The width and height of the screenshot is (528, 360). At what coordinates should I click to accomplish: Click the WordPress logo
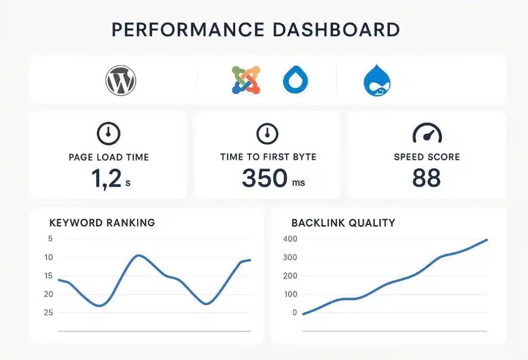point(121,81)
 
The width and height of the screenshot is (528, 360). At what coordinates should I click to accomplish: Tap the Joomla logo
point(246,80)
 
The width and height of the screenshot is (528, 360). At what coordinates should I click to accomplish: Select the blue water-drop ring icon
point(295,81)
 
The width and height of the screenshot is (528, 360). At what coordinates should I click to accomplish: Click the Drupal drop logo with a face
point(377,80)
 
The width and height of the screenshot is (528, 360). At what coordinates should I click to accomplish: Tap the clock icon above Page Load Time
point(108,134)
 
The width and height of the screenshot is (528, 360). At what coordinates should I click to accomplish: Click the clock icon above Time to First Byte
point(267,134)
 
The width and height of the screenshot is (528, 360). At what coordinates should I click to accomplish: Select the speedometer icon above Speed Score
point(427,134)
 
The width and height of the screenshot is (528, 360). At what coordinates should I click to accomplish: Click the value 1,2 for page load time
point(106,178)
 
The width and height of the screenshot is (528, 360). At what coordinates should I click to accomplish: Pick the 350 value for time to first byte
point(264,178)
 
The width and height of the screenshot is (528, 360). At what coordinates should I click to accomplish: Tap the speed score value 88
point(426,178)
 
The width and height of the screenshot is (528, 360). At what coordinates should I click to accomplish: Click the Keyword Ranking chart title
point(102,223)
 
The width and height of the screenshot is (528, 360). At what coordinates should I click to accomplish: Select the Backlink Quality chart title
point(343,223)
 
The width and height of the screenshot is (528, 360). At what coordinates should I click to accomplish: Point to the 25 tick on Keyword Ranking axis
point(49,313)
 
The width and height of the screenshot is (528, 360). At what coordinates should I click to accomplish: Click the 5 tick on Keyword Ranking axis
point(50,238)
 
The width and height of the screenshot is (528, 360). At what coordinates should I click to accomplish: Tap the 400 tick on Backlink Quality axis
point(290,238)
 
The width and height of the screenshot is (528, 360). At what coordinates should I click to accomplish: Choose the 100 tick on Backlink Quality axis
point(290,294)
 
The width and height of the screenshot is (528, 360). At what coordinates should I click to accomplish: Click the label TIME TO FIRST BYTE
point(268,157)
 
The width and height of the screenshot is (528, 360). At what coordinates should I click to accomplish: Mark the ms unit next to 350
point(298,183)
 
